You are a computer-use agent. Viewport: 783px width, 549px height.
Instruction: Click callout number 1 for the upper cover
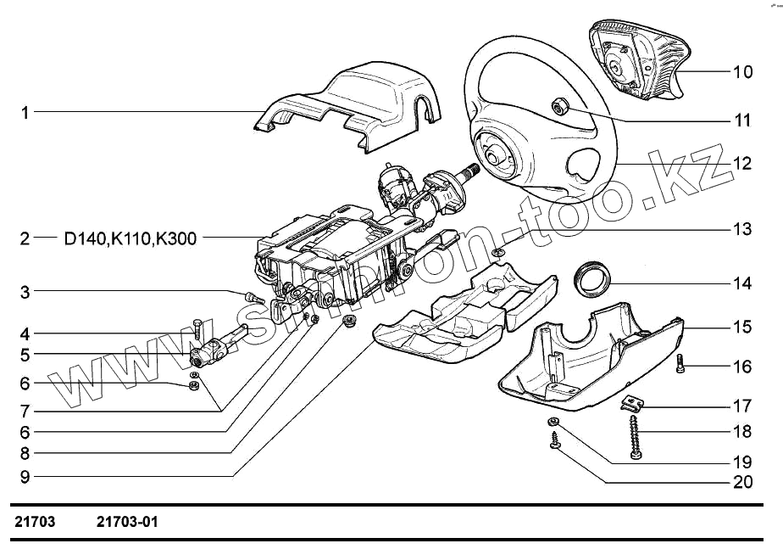point(25,112)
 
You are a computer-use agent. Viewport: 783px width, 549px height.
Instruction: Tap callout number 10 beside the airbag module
point(742,71)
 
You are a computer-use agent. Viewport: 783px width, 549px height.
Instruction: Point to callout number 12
point(742,163)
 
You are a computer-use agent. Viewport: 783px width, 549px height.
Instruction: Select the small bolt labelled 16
point(681,364)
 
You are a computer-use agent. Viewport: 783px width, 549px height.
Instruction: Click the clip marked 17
point(631,404)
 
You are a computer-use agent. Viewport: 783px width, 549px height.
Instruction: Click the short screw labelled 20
point(554,441)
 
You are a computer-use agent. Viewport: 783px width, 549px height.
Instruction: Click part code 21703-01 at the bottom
point(127,522)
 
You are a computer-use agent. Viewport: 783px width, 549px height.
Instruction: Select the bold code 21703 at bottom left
point(35,522)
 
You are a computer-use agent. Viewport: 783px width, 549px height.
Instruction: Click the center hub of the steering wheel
point(492,152)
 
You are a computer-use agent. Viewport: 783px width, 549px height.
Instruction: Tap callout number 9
point(25,477)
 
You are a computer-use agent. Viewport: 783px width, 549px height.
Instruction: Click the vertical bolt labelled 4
point(197,328)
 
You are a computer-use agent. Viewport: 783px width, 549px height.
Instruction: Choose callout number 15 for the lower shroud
point(742,326)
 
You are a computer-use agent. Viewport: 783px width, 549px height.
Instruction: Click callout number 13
point(742,229)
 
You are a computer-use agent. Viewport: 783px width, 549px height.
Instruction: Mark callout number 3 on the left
point(25,293)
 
